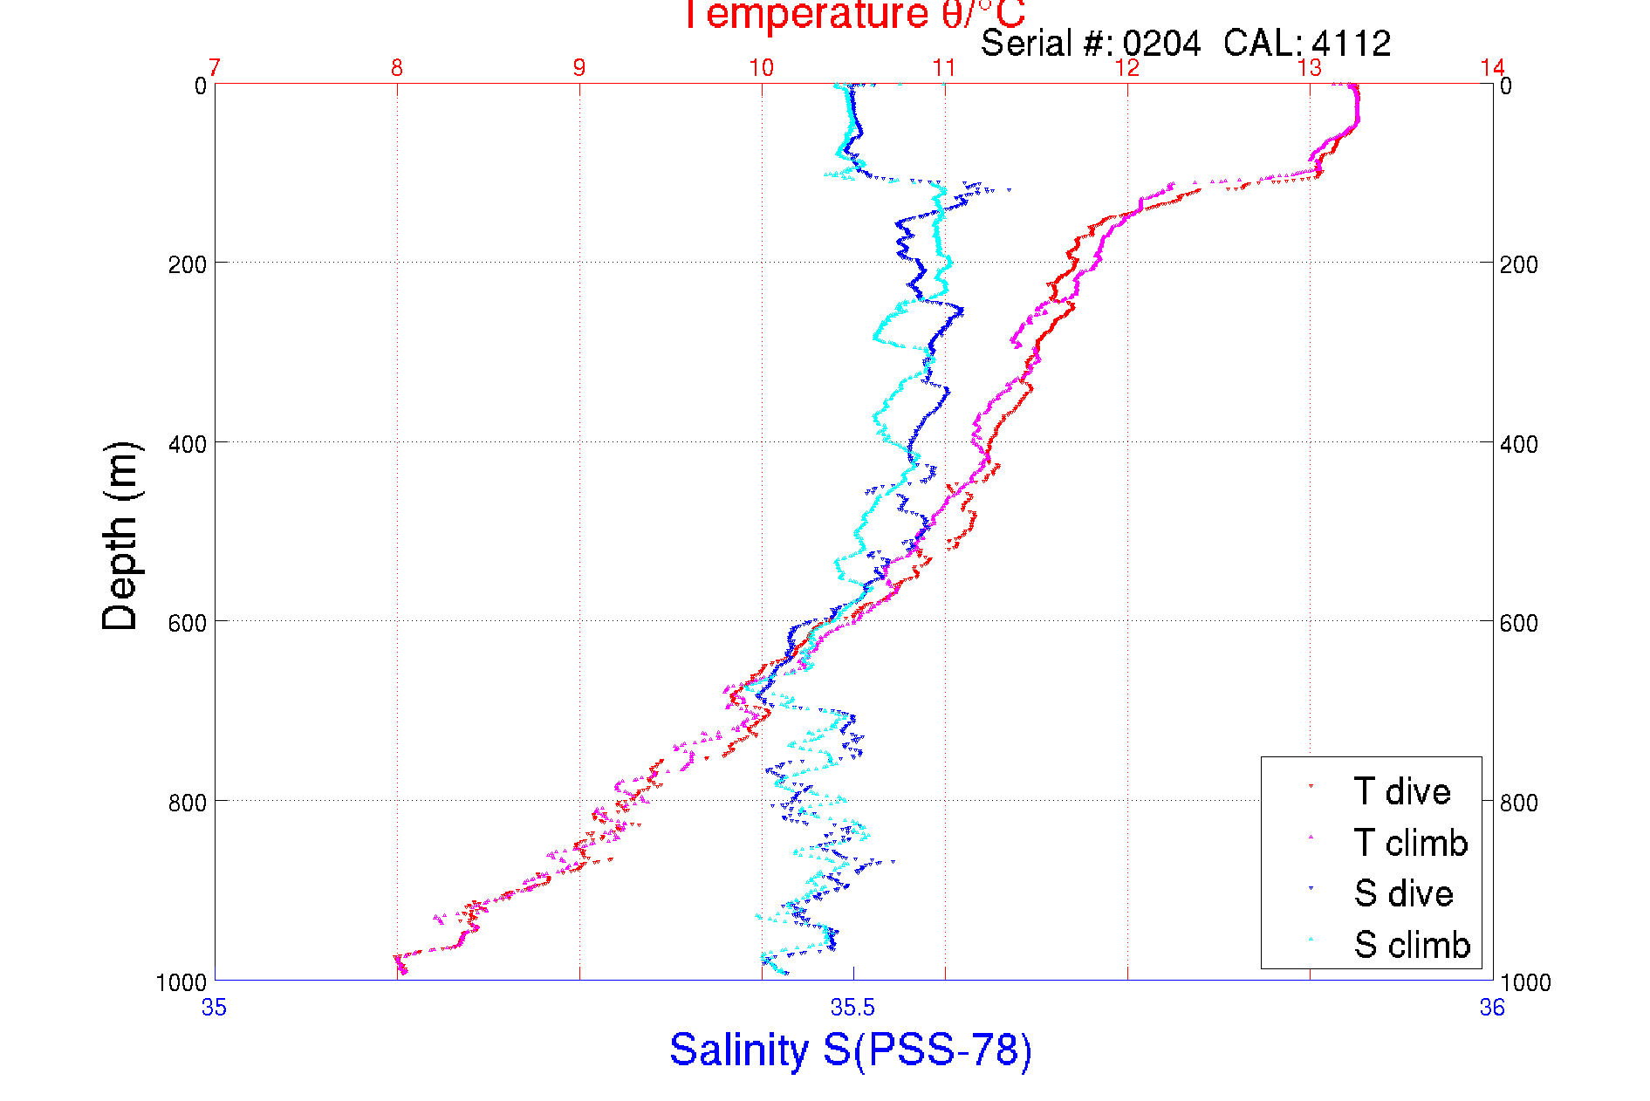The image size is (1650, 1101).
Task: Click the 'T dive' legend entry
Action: point(1401,791)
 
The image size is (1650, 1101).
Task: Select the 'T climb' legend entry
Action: point(1410,843)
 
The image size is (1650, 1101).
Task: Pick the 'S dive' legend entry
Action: point(1403,893)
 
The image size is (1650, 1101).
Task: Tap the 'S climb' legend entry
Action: point(1412,945)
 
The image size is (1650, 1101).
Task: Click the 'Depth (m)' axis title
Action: point(120,536)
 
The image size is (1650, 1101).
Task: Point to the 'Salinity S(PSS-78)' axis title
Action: point(851,1050)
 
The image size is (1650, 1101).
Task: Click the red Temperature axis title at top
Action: point(852,15)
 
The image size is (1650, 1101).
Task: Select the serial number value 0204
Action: point(1161,44)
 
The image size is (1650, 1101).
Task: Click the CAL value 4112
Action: point(1352,44)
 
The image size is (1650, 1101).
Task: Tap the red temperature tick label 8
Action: point(397,68)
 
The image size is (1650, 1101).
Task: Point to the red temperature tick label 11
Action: point(944,68)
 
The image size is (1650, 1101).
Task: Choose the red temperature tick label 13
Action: point(1309,68)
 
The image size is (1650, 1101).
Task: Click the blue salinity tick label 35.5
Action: point(852,1009)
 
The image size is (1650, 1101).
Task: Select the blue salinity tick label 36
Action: point(1492,1009)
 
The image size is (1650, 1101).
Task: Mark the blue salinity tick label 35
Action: point(215,1009)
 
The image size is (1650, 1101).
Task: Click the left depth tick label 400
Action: point(188,443)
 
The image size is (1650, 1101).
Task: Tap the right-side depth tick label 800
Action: point(1518,802)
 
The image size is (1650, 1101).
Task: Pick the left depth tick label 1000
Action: point(181,982)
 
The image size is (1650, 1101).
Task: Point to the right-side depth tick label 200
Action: point(1518,263)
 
